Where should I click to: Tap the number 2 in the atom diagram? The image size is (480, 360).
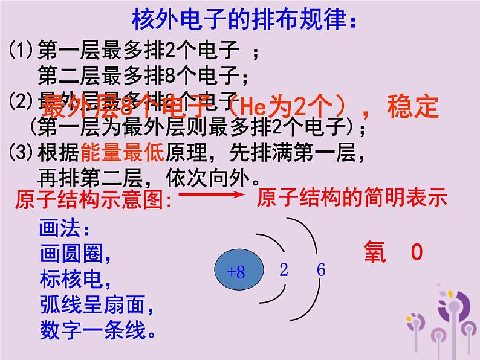(x=284, y=270)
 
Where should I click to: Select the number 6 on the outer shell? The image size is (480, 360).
(x=320, y=270)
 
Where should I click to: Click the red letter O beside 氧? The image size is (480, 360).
(x=416, y=252)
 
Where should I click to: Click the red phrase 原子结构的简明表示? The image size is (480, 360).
(x=351, y=197)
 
